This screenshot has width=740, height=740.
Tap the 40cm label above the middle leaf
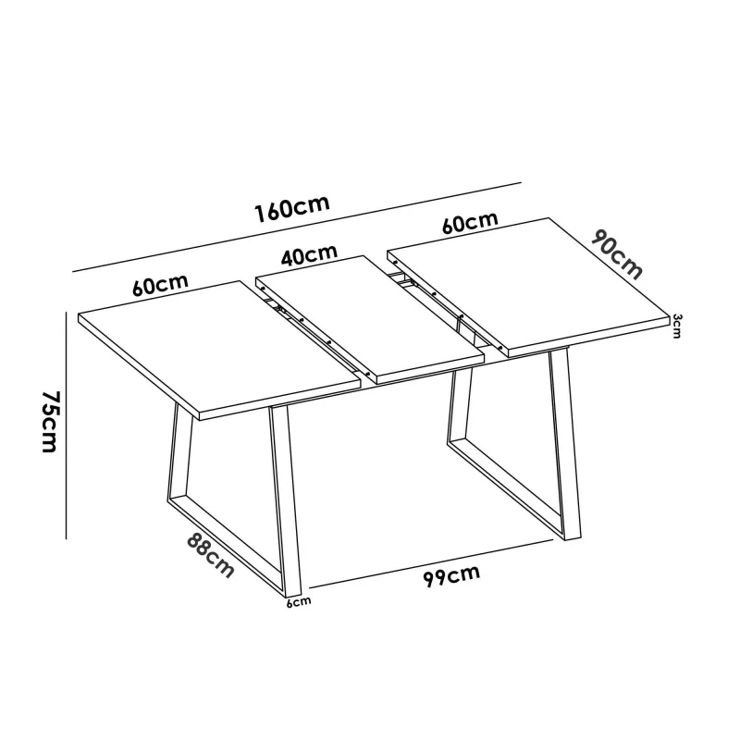pyautogui.click(x=309, y=255)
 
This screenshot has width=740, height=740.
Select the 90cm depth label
pyautogui.click(x=617, y=254)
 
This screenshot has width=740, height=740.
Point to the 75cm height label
pyautogui.click(x=50, y=422)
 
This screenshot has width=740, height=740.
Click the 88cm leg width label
pyautogui.click(x=210, y=555)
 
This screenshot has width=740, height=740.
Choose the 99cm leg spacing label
pyautogui.click(x=451, y=575)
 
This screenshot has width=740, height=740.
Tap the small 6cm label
pyautogui.click(x=299, y=602)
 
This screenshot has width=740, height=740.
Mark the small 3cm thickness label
pyautogui.click(x=677, y=327)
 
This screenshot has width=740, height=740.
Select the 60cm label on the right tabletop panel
pyautogui.click(x=470, y=222)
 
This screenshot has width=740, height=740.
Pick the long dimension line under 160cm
pyautogui.click(x=297, y=228)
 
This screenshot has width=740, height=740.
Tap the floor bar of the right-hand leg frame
pyautogui.click(x=506, y=490)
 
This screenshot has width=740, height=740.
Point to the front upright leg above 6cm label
pyautogui.click(x=286, y=500)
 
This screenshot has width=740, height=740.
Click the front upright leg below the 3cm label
pyautogui.click(x=565, y=444)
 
